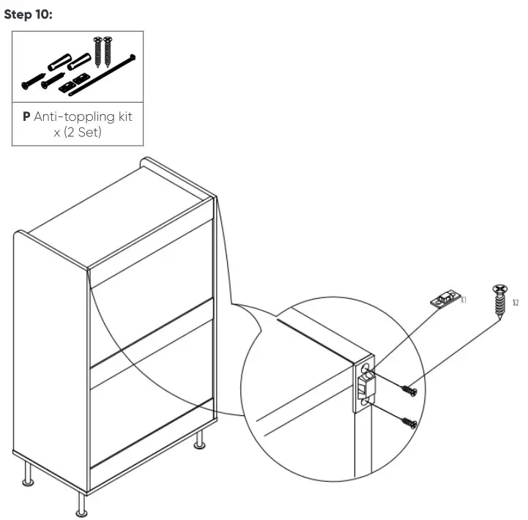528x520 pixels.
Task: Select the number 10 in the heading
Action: [x=44, y=15]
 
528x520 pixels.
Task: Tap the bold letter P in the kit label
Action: [x=26, y=116]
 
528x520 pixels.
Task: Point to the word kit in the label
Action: [x=124, y=116]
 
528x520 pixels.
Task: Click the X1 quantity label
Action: [x=464, y=299]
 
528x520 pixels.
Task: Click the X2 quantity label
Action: [x=516, y=301]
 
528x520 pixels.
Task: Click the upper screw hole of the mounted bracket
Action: [x=367, y=367]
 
